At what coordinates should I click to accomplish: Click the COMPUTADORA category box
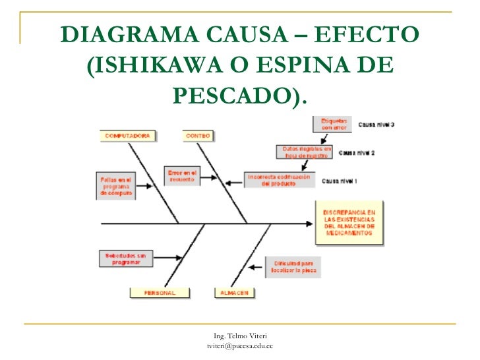129,136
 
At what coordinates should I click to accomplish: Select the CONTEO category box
198,136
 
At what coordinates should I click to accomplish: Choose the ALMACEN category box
234,293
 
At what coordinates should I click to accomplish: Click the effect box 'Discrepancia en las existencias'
349,222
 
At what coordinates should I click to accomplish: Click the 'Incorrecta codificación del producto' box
279,180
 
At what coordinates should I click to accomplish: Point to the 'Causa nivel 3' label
376,124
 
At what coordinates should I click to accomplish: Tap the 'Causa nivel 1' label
340,180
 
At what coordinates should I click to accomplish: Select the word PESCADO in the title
232,96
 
